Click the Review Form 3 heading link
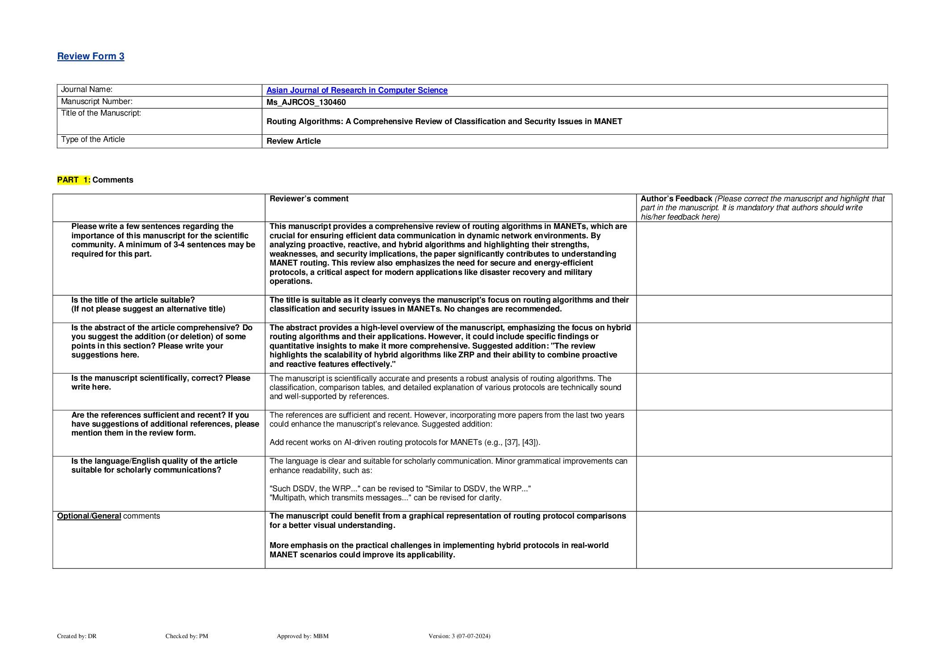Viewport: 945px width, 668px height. (91, 56)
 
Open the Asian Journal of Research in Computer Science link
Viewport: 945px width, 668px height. (357, 90)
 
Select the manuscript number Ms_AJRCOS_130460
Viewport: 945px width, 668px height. (306, 102)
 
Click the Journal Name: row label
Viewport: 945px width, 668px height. (87, 90)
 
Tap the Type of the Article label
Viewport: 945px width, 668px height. (93, 140)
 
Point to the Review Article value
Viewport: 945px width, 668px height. (293, 141)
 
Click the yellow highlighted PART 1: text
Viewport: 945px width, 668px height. (74, 180)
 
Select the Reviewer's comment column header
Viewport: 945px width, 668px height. (309, 199)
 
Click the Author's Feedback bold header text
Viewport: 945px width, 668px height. (676, 199)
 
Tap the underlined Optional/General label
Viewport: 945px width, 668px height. (89, 516)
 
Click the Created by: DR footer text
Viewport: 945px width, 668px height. (77, 636)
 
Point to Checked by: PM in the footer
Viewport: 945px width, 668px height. (187, 636)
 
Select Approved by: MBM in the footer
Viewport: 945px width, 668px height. (302, 636)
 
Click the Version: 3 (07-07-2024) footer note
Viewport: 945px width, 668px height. (459, 636)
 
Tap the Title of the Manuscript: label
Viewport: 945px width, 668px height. (101, 113)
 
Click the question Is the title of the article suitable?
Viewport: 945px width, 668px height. (133, 300)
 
